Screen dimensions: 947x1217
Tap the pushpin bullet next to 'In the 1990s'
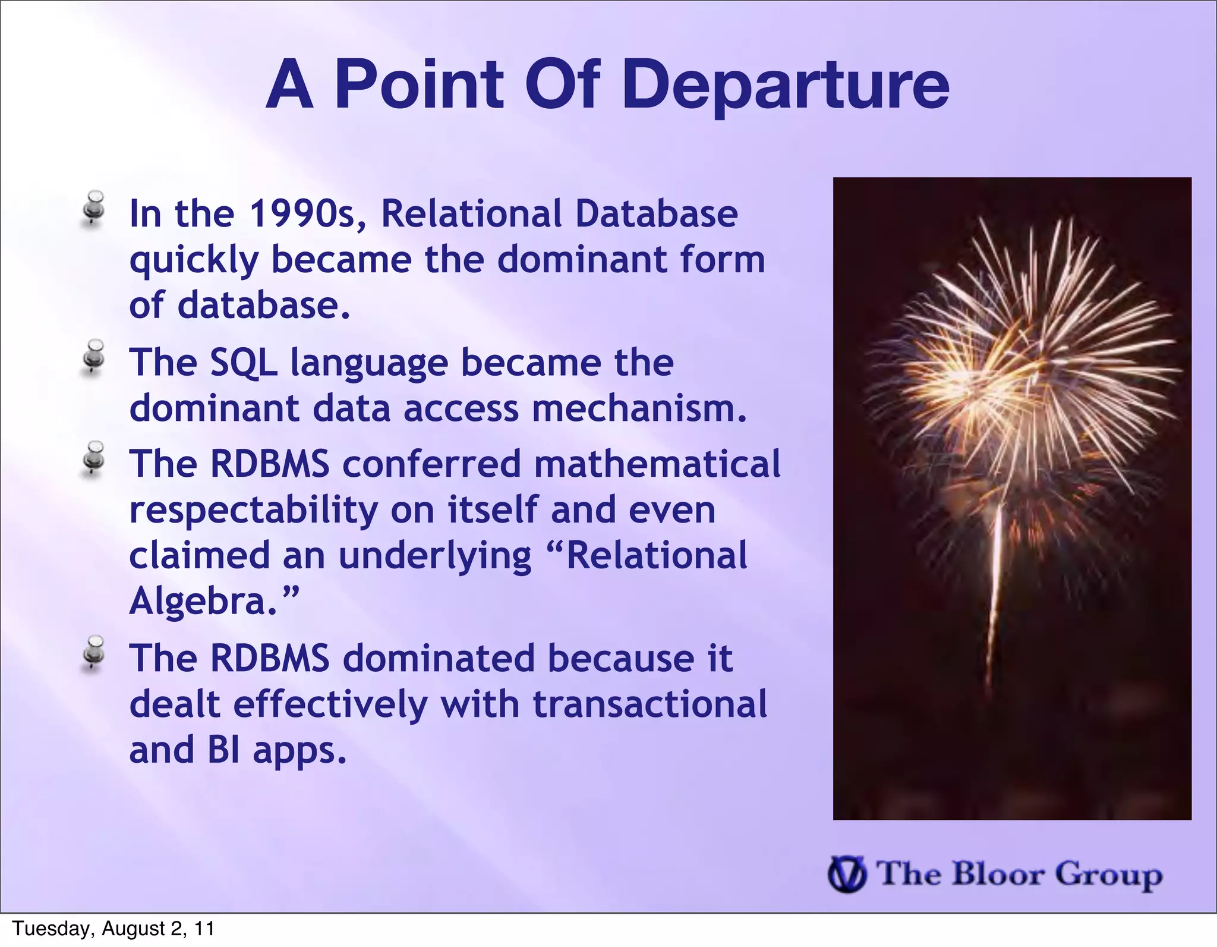pos(93,207)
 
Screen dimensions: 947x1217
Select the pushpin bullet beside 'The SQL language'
pos(93,357)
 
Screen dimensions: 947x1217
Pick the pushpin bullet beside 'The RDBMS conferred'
pos(93,458)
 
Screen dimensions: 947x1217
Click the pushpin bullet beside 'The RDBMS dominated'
pos(93,653)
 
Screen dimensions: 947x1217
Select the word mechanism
pos(639,409)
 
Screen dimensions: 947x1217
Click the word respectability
pos(254,511)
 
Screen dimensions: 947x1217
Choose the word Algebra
pos(202,602)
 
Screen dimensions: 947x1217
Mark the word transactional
pos(650,704)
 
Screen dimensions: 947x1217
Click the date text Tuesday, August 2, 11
pos(113,929)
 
